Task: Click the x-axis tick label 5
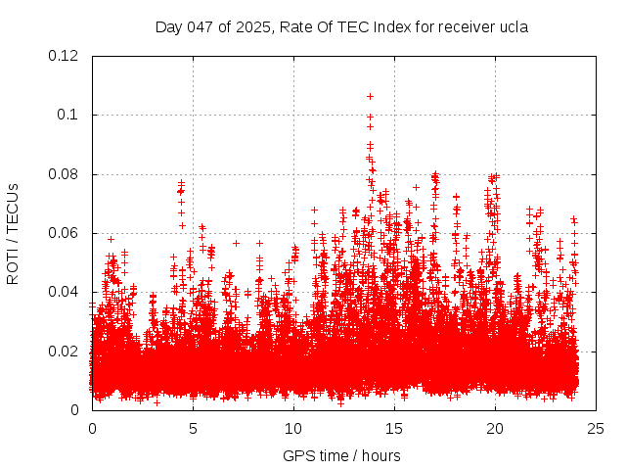click(x=193, y=428)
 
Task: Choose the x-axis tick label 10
click(x=293, y=428)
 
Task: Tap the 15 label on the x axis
click(x=394, y=428)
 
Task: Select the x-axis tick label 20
click(x=495, y=428)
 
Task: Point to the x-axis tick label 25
click(x=596, y=428)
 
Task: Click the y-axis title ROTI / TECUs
click(x=13, y=233)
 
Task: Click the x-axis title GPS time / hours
click(x=341, y=455)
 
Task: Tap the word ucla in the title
click(x=513, y=26)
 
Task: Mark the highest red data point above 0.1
click(x=370, y=96)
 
